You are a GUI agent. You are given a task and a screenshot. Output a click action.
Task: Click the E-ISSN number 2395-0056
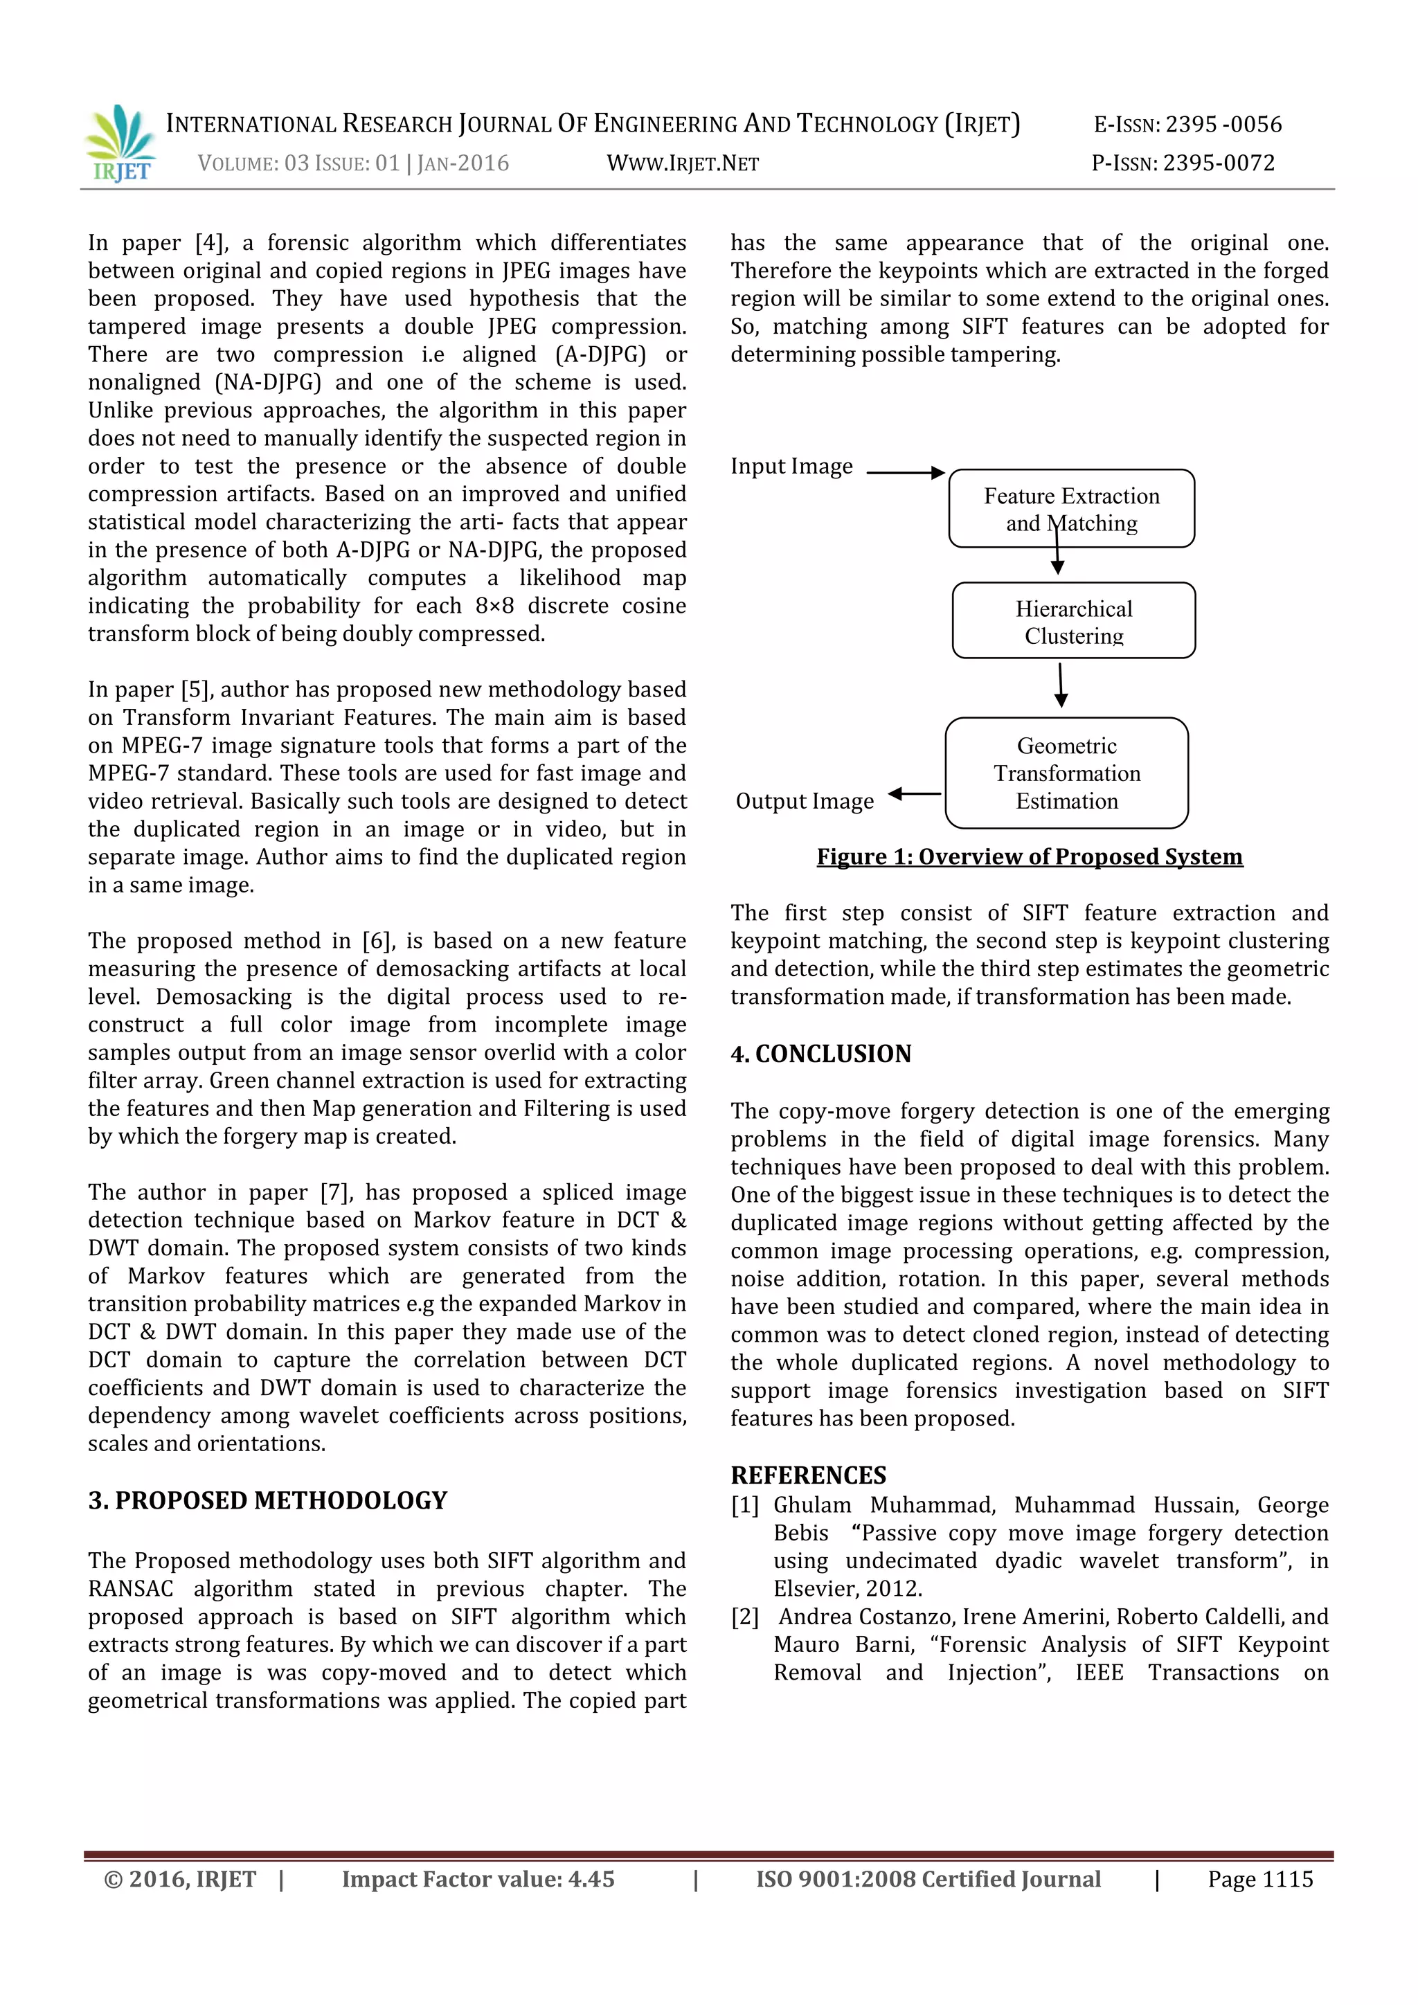(x=1187, y=125)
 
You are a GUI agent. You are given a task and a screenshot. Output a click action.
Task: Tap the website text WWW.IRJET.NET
(x=682, y=163)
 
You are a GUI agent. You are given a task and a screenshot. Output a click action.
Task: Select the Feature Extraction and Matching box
(x=1071, y=508)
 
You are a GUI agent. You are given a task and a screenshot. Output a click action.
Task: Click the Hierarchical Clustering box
(x=1073, y=621)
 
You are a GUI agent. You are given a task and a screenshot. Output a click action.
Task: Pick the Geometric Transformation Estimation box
(x=1066, y=773)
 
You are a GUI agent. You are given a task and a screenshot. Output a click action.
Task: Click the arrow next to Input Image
(x=906, y=472)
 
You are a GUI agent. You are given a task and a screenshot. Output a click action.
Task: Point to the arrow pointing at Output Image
(x=914, y=794)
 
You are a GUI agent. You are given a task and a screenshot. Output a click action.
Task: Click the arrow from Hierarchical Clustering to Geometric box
(x=1061, y=685)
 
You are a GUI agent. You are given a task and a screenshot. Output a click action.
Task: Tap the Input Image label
(x=791, y=467)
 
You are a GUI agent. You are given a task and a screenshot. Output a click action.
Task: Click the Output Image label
(x=804, y=801)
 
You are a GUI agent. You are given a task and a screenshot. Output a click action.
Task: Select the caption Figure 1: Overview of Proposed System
(x=1030, y=856)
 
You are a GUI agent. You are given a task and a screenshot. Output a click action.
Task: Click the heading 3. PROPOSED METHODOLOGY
(x=267, y=1500)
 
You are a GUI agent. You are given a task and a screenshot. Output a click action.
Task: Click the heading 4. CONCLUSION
(x=820, y=1053)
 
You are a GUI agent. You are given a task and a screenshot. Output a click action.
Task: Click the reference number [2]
(x=745, y=1617)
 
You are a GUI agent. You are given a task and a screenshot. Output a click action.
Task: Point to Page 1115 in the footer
(x=1260, y=1879)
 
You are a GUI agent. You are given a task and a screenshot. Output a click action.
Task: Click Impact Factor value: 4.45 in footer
(x=478, y=1879)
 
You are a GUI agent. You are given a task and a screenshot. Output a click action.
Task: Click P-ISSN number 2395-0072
(x=1183, y=163)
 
